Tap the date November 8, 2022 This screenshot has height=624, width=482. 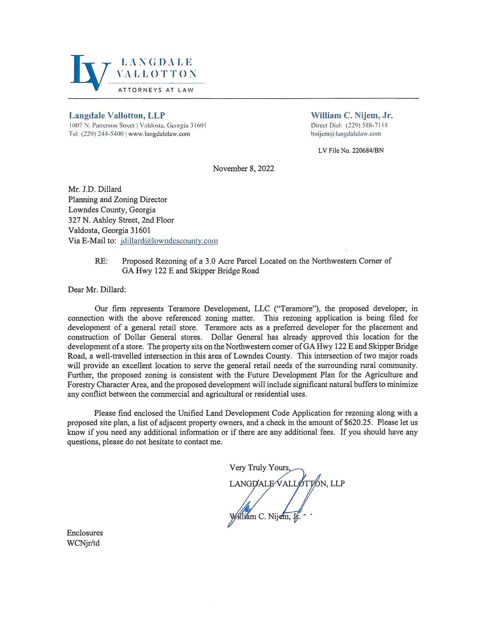point(243,169)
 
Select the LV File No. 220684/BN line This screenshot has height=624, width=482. point(351,150)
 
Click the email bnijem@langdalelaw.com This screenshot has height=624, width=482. point(346,134)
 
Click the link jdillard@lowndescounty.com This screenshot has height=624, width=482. point(169,241)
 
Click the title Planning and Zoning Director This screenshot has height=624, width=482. point(117,200)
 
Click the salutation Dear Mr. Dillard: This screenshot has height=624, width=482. point(97,290)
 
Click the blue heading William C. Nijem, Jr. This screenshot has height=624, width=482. point(352,115)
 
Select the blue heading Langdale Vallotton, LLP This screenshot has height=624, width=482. point(117,115)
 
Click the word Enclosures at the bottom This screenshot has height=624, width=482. point(85,533)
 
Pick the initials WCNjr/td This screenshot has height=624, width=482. point(83,543)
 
